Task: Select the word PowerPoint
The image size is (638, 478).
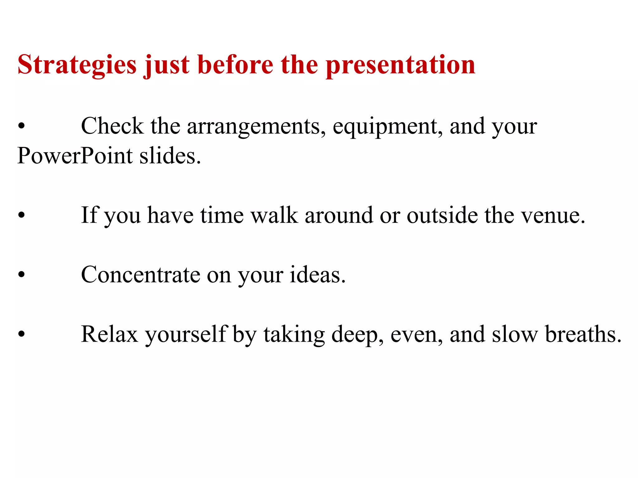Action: pos(75,155)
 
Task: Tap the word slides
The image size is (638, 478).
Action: pos(170,155)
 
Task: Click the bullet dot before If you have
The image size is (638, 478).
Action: pos(21,215)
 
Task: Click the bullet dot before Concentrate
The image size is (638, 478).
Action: pos(21,275)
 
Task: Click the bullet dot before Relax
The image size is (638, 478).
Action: pos(21,334)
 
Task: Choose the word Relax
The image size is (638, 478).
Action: pos(109,334)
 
